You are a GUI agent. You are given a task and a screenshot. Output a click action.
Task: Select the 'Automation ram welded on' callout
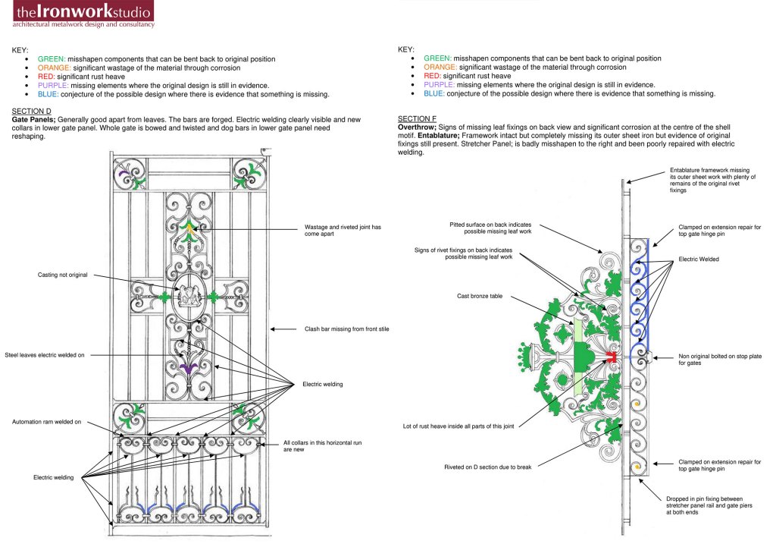pyautogui.click(x=46, y=421)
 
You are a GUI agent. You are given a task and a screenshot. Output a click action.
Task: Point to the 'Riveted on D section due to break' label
pyautogui.click(x=488, y=467)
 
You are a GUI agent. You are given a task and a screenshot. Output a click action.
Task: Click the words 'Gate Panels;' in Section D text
pyautogui.click(x=33, y=119)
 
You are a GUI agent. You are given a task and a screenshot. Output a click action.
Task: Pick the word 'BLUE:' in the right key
pyautogui.click(x=434, y=94)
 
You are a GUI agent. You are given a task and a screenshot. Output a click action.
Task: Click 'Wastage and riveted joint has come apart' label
pyautogui.click(x=343, y=231)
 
